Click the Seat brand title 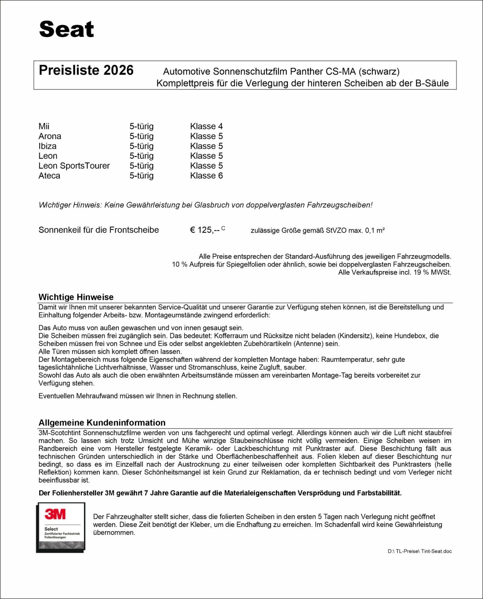(x=66, y=29)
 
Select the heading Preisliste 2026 (x=86, y=70)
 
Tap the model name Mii (x=44, y=126)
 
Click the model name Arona (x=50, y=136)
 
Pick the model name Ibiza (x=47, y=146)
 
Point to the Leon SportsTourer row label (x=74, y=166)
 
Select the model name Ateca (x=49, y=175)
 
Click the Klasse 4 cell (x=206, y=126)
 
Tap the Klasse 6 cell (x=206, y=175)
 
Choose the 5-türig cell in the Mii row (x=141, y=126)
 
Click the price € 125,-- (x=205, y=230)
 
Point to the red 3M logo (x=55, y=514)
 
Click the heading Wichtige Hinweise (x=76, y=297)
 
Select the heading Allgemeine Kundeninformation (x=102, y=422)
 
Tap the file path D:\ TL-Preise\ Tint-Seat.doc (x=419, y=551)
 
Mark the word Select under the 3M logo (x=51, y=529)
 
